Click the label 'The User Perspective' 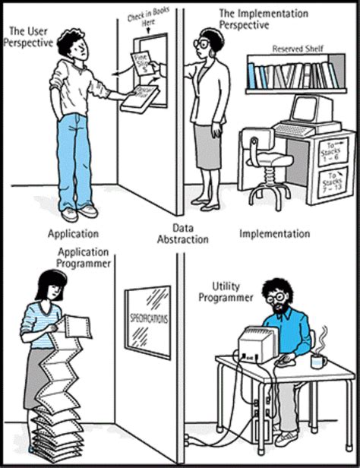tap(32, 36)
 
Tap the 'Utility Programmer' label tap(221, 292)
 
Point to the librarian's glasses tap(203, 45)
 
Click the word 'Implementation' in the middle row tap(274, 233)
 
